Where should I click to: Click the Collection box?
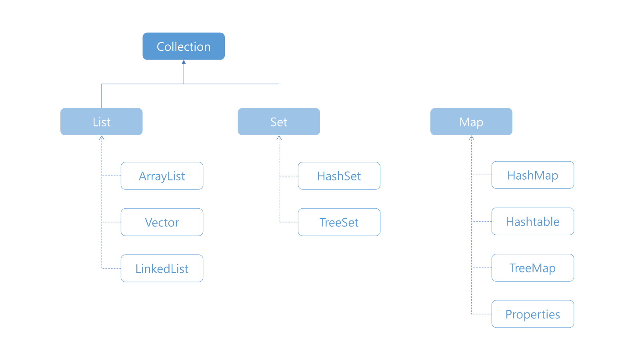pos(184,46)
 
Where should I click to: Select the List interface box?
pos(102,122)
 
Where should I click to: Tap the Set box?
pos(279,122)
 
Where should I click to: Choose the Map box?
pos(472,122)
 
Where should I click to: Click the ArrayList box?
pos(162,176)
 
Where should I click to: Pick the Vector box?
pos(162,222)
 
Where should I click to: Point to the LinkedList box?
pos(162,268)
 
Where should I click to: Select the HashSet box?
pos(339,176)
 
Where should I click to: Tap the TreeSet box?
pos(339,222)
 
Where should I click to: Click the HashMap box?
pos(533,175)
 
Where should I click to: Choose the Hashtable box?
pos(533,222)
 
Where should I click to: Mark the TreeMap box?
pos(533,268)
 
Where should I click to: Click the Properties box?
pos(533,314)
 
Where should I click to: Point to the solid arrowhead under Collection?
pos(184,62)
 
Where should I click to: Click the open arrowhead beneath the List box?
pos(102,138)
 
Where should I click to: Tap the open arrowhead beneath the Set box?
pos(279,138)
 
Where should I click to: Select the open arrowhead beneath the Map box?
pos(472,138)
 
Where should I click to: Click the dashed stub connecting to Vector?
pos(112,222)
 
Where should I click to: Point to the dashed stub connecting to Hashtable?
pos(482,222)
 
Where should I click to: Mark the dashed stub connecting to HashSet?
pos(288,176)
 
